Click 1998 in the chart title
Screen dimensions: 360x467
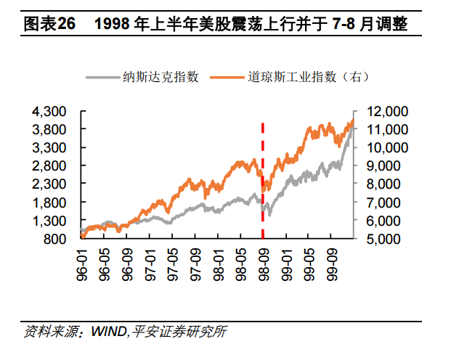tap(116, 24)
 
